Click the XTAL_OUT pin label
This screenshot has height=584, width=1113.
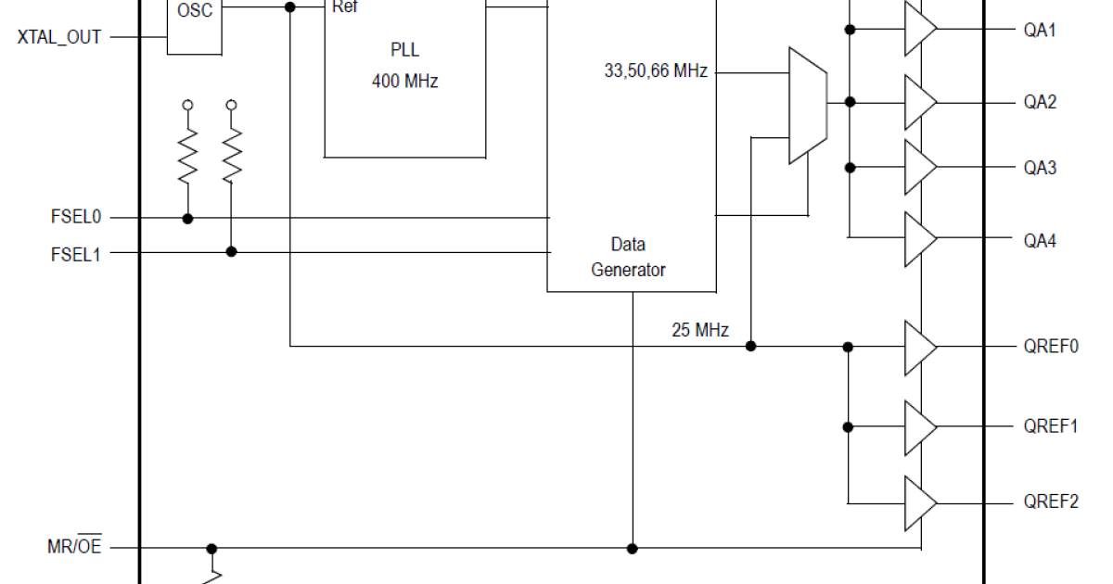click(x=59, y=37)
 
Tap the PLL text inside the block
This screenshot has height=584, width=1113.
click(x=404, y=49)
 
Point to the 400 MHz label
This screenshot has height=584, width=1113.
click(x=404, y=82)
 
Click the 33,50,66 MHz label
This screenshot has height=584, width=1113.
click(x=656, y=70)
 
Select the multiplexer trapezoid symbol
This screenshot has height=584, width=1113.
click(x=807, y=105)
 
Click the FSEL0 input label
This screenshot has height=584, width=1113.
click(x=76, y=218)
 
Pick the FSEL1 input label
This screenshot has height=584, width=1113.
click(x=76, y=252)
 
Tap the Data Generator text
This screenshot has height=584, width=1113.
click(x=628, y=257)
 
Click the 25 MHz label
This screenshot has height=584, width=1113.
click(x=700, y=330)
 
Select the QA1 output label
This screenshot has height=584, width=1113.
click(x=1040, y=30)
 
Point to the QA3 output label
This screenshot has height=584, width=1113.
click(x=1040, y=168)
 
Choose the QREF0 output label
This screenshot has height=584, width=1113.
click(x=1051, y=347)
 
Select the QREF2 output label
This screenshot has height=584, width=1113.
click(x=1051, y=502)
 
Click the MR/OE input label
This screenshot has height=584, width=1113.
click(x=74, y=547)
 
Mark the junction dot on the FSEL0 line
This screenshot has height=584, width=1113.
click(x=187, y=219)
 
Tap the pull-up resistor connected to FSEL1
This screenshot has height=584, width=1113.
click(x=232, y=156)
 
